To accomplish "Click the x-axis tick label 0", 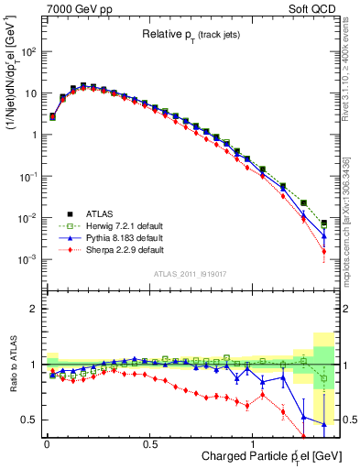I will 46,441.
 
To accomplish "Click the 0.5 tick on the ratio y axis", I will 30,420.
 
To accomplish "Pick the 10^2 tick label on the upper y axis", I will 28,51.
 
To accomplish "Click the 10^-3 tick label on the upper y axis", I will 28,259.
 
